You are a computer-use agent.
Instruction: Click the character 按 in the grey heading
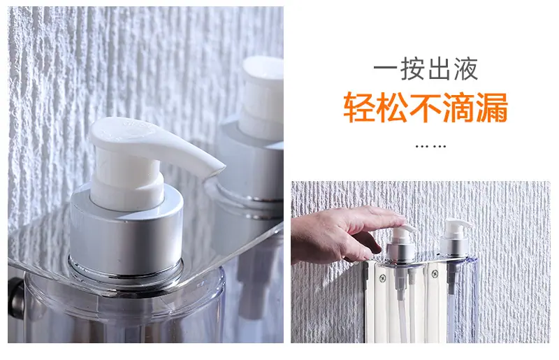pos(413,69)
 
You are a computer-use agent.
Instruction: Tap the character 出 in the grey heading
pos(440,69)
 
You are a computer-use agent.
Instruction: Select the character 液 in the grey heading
pos(465,69)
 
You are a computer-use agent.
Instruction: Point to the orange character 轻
pos(359,108)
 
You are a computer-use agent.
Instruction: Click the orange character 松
pos(392,108)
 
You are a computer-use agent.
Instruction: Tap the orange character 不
pos(425,108)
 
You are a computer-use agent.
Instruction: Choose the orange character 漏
pos(491,108)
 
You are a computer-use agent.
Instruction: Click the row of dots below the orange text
pos(430,146)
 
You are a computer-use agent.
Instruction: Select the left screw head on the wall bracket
pos(382,278)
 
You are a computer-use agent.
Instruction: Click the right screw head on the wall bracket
pos(435,274)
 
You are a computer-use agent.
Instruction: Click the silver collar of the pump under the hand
pos(400,249)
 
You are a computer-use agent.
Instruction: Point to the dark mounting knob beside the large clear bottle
pos(15,297)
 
